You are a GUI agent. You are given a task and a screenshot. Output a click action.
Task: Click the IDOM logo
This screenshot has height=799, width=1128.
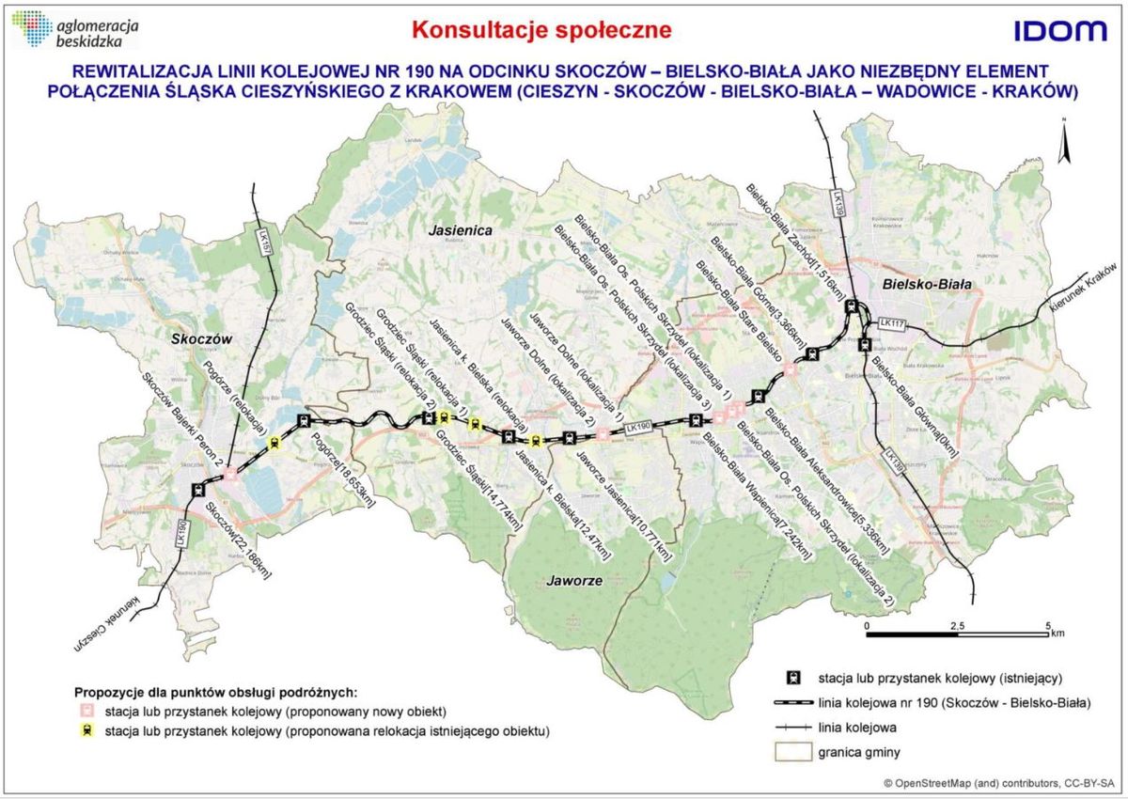[x=1060, y=31]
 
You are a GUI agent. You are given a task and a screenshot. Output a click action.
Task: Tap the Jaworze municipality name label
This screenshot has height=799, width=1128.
[x=572, y=580]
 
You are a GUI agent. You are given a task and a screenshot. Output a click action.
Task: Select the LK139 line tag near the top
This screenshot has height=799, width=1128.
[x=836, y=205]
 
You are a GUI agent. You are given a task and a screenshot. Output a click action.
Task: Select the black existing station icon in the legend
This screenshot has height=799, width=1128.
[x=793, y=676]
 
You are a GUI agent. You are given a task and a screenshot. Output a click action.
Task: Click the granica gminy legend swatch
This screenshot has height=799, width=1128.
[x=793, y=751]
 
